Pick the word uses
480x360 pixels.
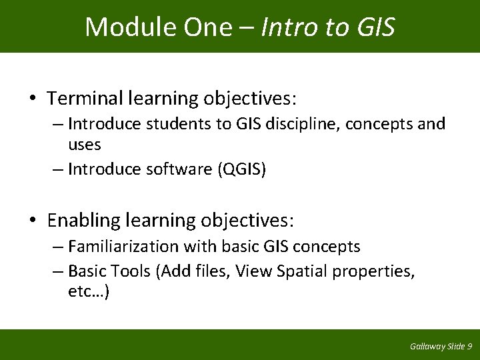[x=84, y=144]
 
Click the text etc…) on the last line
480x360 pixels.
[x=89, y=292]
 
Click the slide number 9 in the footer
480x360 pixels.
[x=470, y=347]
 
